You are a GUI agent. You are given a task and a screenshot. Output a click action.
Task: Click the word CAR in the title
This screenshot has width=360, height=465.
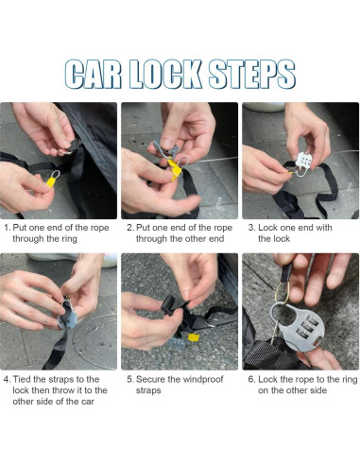(93, 74)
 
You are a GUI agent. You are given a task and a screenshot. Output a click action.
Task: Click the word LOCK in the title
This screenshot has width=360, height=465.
(165, 74)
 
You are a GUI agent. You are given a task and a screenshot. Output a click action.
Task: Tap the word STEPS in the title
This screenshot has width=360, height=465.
(252, 74)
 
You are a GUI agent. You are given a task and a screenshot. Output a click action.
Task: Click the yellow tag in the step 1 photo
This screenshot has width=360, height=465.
(51, 181)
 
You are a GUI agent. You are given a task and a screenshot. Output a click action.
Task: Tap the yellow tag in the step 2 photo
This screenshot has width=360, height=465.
(174, 168)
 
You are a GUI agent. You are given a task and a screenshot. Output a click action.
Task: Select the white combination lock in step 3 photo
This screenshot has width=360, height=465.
(303, 163)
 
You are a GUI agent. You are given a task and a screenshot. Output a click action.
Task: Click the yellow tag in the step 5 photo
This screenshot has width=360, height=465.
(193, 337)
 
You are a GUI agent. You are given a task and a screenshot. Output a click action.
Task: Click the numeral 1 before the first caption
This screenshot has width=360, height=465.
(7, 228)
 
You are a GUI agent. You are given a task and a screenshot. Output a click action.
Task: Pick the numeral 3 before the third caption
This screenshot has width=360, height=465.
(251, 228)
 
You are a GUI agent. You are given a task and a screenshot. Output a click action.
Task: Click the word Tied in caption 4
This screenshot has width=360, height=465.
(22, 379)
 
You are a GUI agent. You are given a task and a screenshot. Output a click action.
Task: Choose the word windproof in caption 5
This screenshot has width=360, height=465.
(203, 379)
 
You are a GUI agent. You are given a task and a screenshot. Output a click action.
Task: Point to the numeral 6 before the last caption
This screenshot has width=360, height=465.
(251, 379)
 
